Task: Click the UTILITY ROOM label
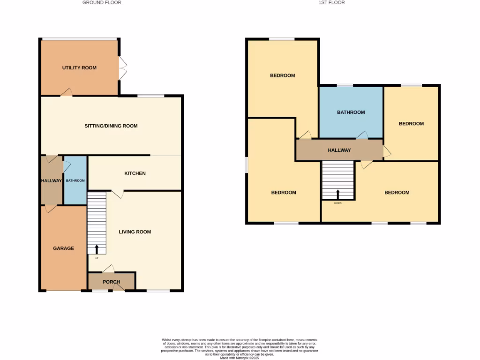(x=79, y=68)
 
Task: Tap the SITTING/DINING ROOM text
(x=111, y=126)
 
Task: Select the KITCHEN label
(x=135, y=173)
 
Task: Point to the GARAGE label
(x=63, y=248)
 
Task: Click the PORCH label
(x=111, y=282)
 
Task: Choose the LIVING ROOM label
(x=135, y=232)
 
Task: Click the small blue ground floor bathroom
(x=75, y=180)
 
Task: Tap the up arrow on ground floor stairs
(x=97, y=249)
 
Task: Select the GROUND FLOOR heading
(x=102, y=3)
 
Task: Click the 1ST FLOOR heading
(x=331, y=3)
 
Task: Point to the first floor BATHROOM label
(x=351, y=112)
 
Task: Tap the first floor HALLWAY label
(x=339, y=150)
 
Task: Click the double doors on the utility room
(x=122, y=68)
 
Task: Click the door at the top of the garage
(x=50, y=209)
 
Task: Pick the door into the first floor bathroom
(x=362, y=135)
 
